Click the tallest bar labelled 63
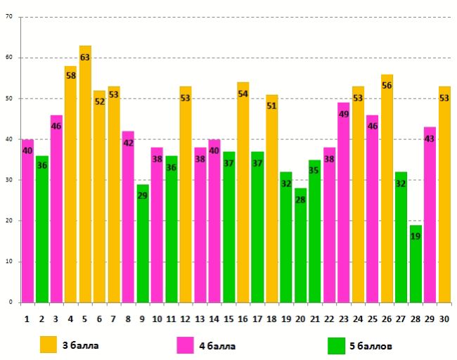point(85,176)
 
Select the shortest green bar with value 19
point(416,264)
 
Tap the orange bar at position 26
point(387,190)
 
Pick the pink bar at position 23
point(344,204)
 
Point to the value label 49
point(344,114)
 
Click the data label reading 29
point(143,195)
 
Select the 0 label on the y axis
point(11,302)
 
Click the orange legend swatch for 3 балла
point(48,345)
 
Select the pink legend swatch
point(186,345)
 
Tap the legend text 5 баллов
point(371,346)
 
